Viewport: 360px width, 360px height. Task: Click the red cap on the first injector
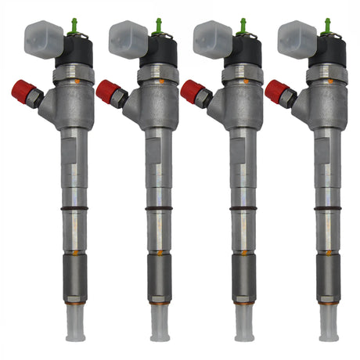click(x=23, y=92)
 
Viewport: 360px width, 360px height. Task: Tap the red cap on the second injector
click(x=108, y=92)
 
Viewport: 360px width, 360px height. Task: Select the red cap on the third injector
click(x=193, y=92)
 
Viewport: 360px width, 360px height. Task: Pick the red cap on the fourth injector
click(x=277, y=92)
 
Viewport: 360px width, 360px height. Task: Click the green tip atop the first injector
click(x=73, y=27)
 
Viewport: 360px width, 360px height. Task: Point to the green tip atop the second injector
click(x=157, y=27)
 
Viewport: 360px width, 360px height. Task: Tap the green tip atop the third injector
click(x=242, y=27)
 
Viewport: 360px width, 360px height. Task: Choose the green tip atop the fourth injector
click(x=326, y=27)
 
